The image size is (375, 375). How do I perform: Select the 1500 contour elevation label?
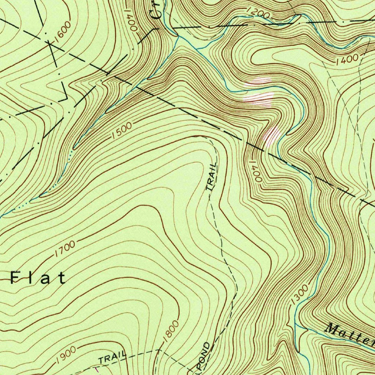click(x=122, y=131)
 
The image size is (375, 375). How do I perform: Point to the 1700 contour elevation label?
click(x=65, y=248)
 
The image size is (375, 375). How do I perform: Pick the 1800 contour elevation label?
click(x=171, y=331)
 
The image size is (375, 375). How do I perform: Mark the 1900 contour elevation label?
click(x=66, y=354)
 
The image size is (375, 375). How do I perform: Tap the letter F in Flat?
click(x=15, y=278)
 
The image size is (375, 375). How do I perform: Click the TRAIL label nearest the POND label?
click(x=112, y=358)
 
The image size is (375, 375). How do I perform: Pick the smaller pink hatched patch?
click(x=272, y=136)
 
